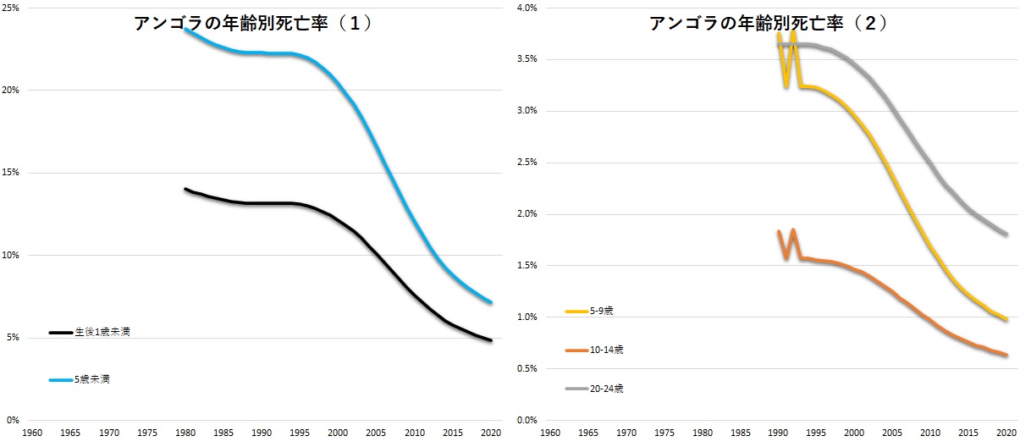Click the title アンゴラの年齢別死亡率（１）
pyautogui.click(x=253, y=24)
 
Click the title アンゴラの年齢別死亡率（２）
pyautogui.click(x=769, y=24)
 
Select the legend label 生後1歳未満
pyautogui.click(x=102, y=333)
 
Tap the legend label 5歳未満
pyautogui.click(x=92, y=380)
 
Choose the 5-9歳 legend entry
pyautogui.click(x=602, y=312)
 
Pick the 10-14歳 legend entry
pyautogui.click(x=607, y=350)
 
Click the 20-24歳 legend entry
pyautogui.click(x=607, y=389)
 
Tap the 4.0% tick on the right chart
pyautogui.click(x=527, y=8)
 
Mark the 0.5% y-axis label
pyautogui.click(x=527, y=368)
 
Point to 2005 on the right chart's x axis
pyautogui.click(x=892, y=433)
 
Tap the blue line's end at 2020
pyautogui.click(x=490, y=302)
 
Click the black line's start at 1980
pyautogui.click(x=185, y=189)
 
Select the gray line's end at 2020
pyautogui.click(x=1006, y=234)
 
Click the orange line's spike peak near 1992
pyautogui.click(x=793, y=230)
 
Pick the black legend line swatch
pyautogui.click(x=60, y=333)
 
